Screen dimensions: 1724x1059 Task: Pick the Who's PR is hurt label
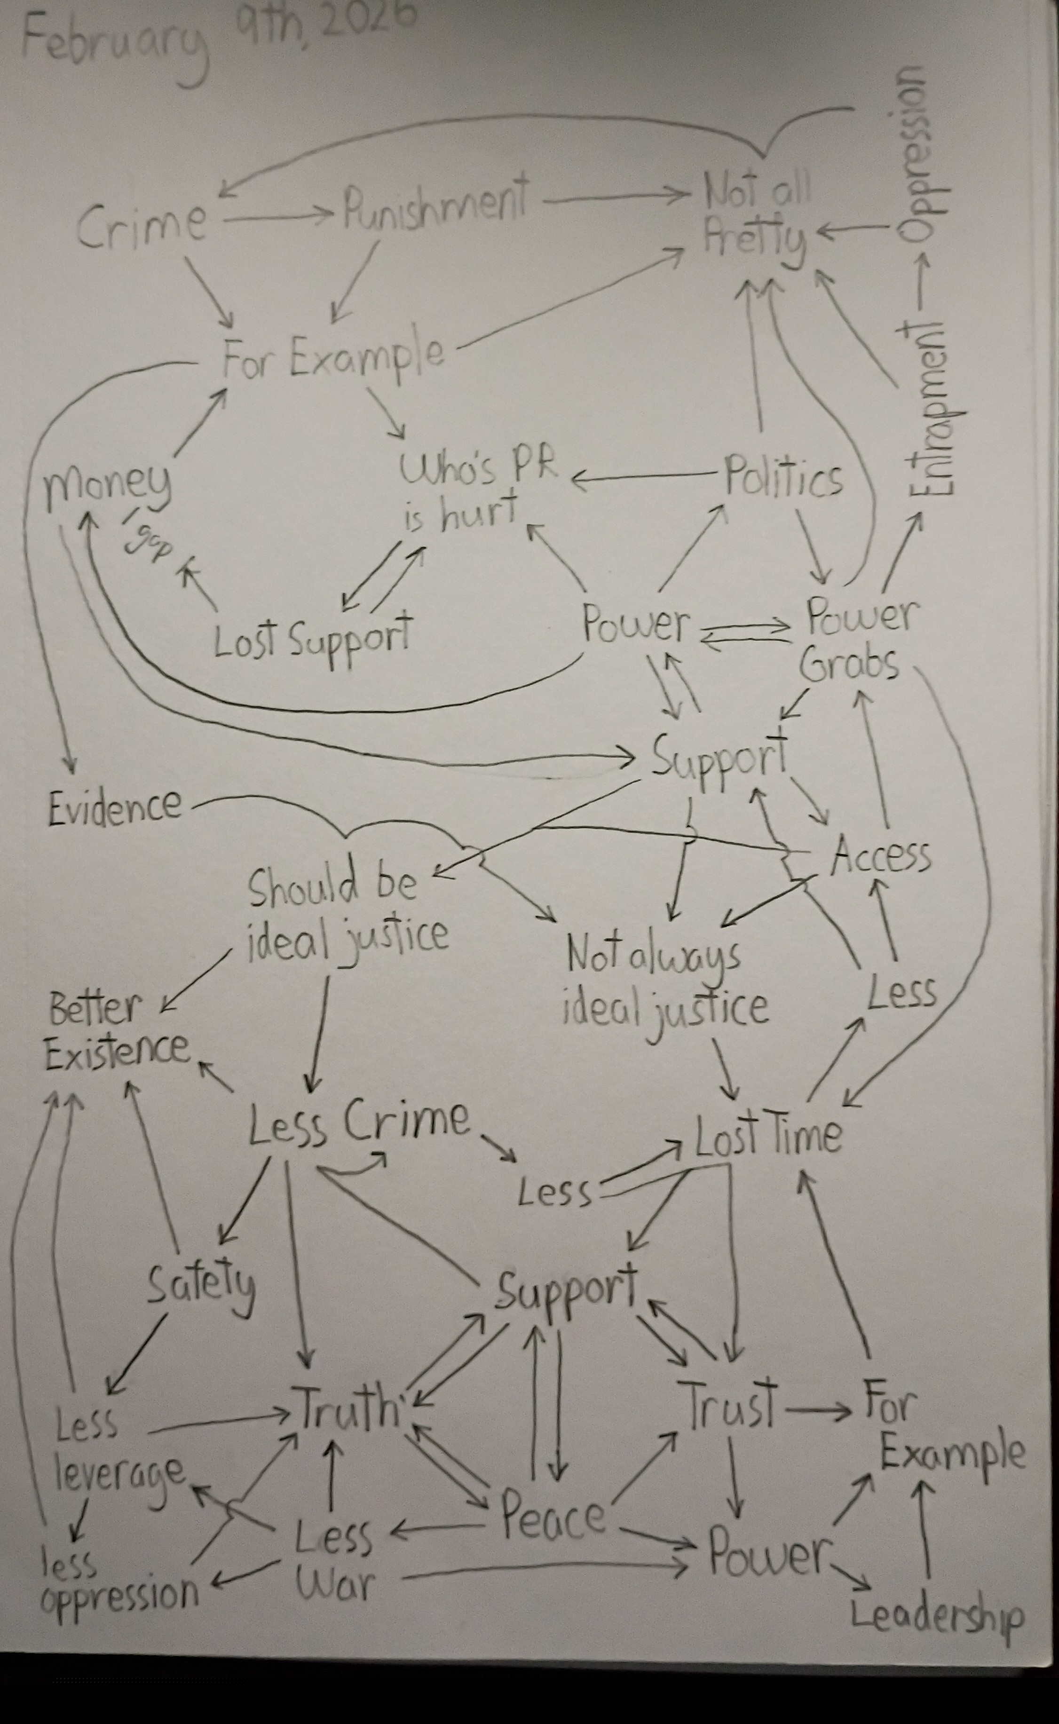click(476, 490)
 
